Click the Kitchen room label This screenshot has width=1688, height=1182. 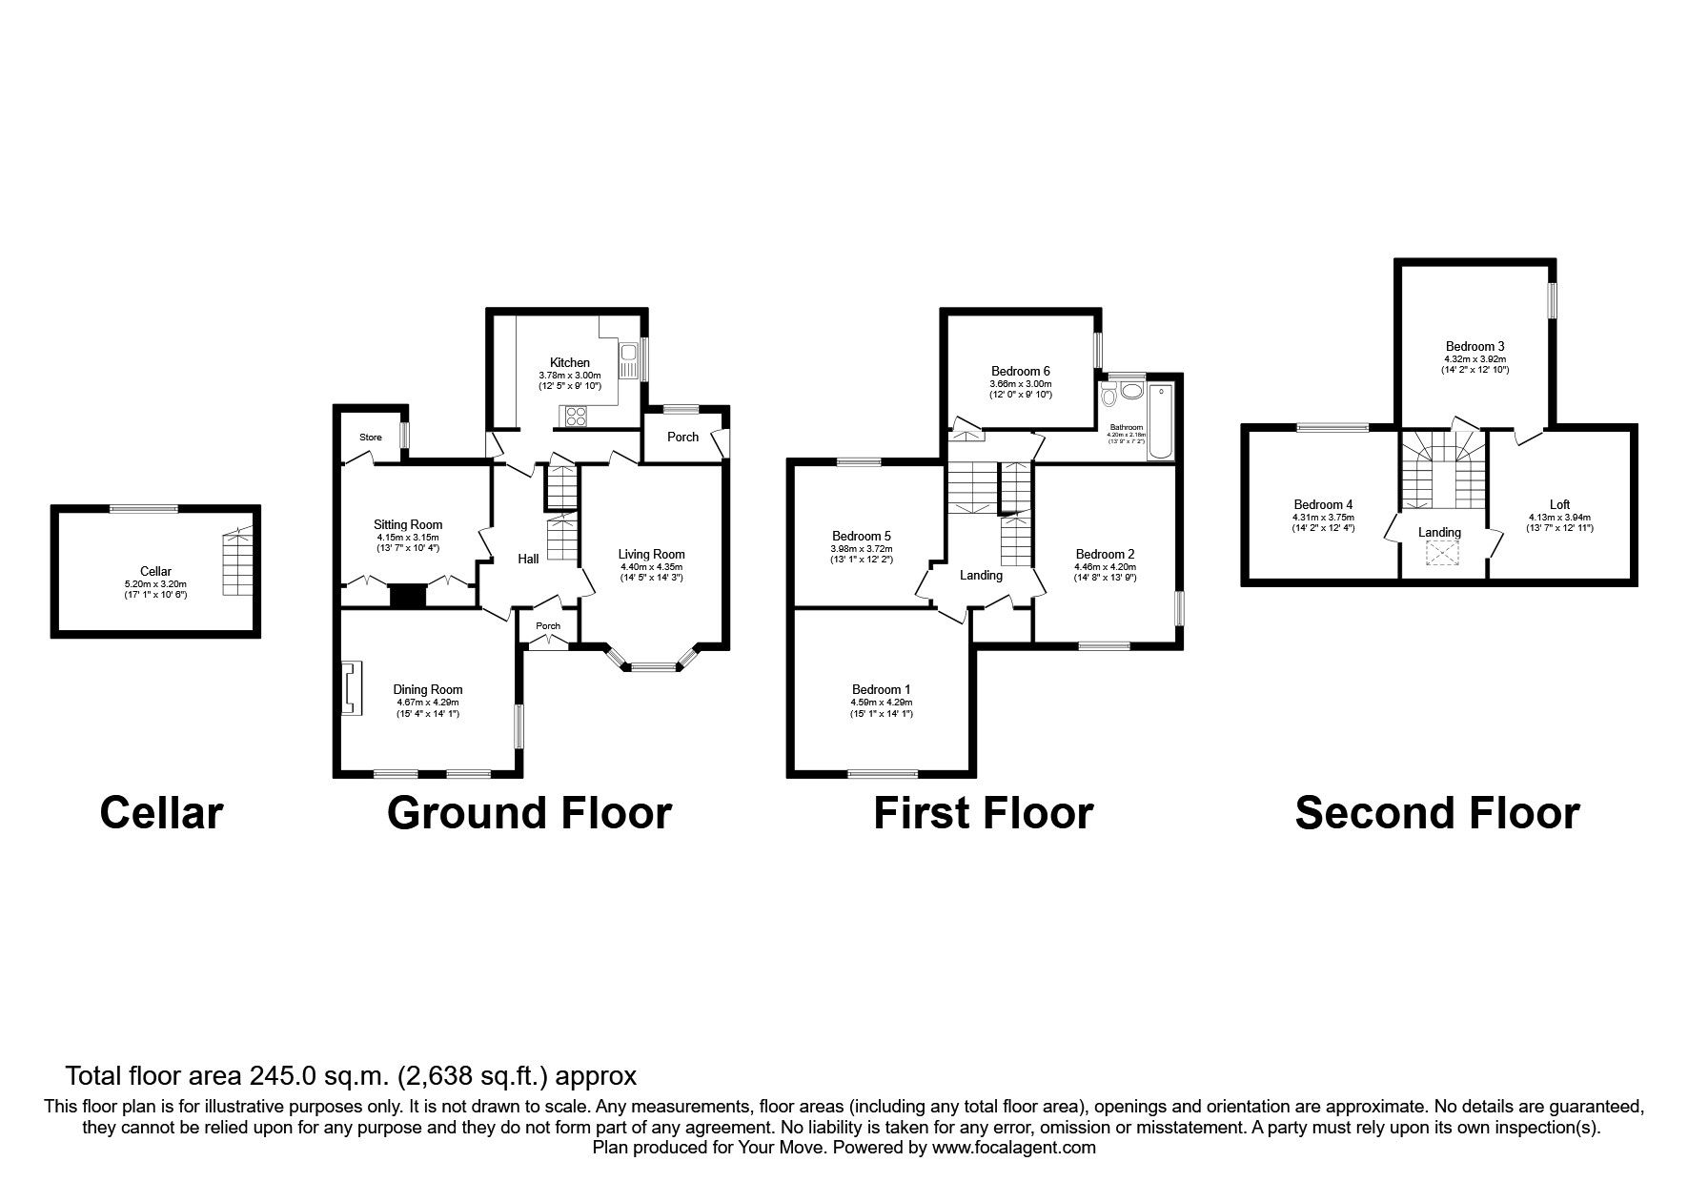click(569, 362)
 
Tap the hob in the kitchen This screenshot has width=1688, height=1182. click(575, 417)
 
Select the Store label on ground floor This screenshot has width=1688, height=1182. click(370, 438)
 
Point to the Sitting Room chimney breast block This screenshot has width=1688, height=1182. click(409, 597)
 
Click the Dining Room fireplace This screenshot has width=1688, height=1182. click(350, 687)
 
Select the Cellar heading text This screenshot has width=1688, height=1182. click(161, 813)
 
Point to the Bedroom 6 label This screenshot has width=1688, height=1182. click(1020, 371)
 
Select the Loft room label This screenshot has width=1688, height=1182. click(1559, 504)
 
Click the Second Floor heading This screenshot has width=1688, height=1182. click(1436, 813)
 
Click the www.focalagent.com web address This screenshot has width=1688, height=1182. click(1013, 1148)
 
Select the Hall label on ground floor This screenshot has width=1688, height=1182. click(528, 559)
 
